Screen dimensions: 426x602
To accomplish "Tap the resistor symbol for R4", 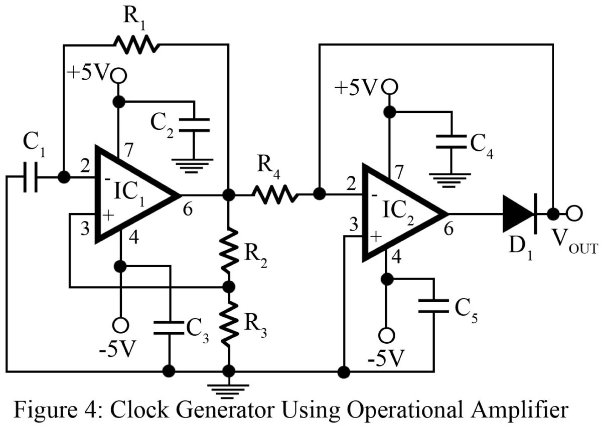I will pyautogui.click(x=275, y=195).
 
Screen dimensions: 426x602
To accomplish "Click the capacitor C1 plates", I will pyautogui.click(x=30, y=177).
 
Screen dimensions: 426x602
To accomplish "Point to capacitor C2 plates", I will pyautogui.click(x=194, y=125).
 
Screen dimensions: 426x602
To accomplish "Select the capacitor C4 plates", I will pyautogui.click(x=451, y=142).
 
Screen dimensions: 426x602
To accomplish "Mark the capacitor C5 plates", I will pyautogui.click(x=434, y=306).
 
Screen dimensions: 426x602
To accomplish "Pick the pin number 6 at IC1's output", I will pyautogui.click(x=187, y=209).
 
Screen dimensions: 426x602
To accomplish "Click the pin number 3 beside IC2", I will pyautogui.click(x=354, y=224).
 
